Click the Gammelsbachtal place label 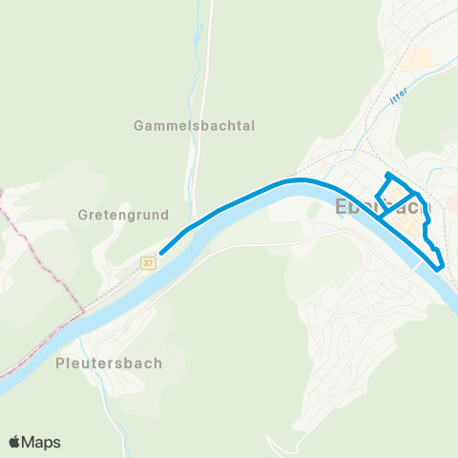(195, 125)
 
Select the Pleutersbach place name (109, 364)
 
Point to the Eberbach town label (383, 207)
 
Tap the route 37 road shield (148, 261)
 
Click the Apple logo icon (14, 442)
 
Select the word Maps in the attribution (42, 442)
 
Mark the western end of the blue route (160, 253)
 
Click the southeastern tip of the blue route (440, 269)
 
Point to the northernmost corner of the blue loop (386, 175)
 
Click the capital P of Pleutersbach (61, 364)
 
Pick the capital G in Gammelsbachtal (139, 125)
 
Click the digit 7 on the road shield (151, 261)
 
